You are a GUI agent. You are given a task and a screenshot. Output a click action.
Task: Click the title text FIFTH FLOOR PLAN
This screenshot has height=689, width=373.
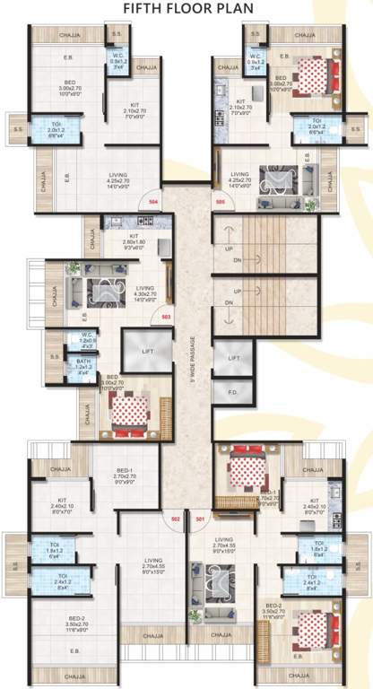186,10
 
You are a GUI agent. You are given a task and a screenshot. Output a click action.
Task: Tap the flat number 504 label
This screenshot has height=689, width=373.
153,204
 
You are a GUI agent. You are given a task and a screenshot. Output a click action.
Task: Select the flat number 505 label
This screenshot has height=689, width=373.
220,204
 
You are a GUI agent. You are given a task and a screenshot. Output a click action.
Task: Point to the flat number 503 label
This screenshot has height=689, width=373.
165,316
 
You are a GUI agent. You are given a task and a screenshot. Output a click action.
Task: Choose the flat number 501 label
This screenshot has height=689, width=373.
200,519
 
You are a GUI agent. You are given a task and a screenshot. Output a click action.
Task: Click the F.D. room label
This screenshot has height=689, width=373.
233,392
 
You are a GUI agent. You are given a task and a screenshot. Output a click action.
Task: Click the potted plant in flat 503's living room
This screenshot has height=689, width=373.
74,267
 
